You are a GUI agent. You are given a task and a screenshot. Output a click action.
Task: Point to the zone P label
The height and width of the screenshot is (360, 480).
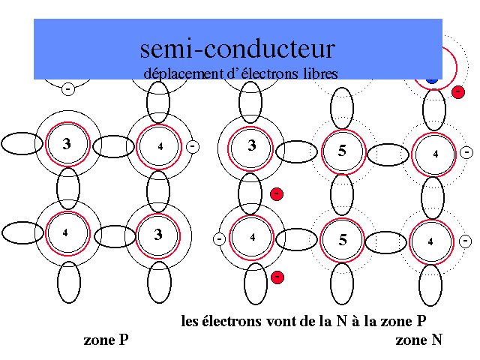click(x=105, y=340)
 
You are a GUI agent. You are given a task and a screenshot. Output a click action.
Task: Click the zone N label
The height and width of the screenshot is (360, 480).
click(x=418, y=340)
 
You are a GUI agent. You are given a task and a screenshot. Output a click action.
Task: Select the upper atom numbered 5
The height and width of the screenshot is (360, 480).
click(x=343, y=150)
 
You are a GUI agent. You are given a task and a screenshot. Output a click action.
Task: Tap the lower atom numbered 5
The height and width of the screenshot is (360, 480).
click(x=343, y=240)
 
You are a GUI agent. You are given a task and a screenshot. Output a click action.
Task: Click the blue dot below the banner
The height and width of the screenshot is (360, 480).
click(x=431, y=79)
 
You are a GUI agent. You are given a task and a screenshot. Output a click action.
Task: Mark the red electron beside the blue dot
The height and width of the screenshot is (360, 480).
click(x=458, y=91)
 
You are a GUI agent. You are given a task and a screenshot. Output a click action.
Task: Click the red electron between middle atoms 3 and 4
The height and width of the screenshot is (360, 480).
click(x=277, y=194)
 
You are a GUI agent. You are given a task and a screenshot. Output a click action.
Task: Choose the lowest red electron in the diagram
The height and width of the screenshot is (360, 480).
click(x=277, y=277)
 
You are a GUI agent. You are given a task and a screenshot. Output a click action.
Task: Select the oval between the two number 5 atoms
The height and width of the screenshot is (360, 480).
click(x=342, y=195)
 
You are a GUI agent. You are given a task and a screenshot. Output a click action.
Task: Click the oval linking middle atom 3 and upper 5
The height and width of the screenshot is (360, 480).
click(x=296, y=151)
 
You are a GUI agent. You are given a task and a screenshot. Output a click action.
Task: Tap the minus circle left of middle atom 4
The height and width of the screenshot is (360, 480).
click(x=219, y=239)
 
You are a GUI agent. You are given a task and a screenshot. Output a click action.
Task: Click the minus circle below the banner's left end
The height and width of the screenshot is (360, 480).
click(x=67, y=89)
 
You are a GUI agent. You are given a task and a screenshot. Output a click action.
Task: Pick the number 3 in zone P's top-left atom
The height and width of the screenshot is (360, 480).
click(x=67, y=143)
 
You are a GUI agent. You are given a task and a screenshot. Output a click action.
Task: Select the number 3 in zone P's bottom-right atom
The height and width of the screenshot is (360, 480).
click(x=157, y=235)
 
